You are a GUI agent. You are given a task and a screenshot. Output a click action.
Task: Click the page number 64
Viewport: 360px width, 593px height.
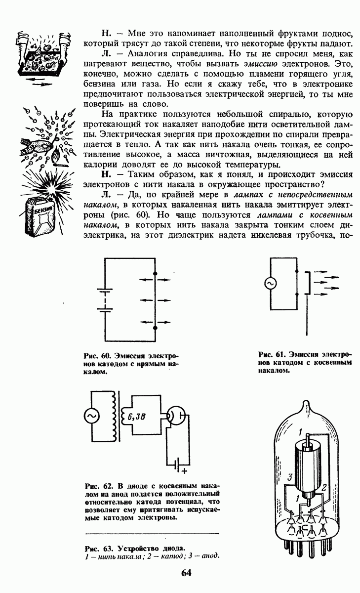coord(186,573)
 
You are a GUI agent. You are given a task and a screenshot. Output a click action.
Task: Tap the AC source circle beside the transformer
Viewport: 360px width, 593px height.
coord(92,417)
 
